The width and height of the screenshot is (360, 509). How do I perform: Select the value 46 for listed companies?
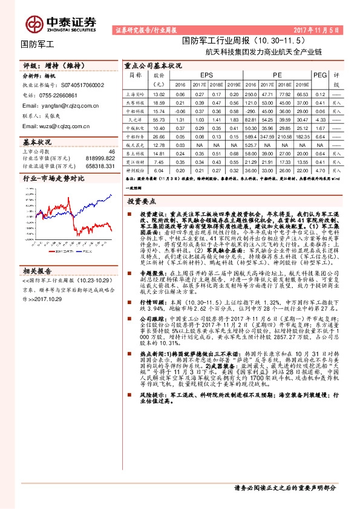[x=111, y=151]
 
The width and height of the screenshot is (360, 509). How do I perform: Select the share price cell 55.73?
[x=159, y=120]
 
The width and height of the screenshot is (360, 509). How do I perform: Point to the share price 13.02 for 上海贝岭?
[x=159, y=95]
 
